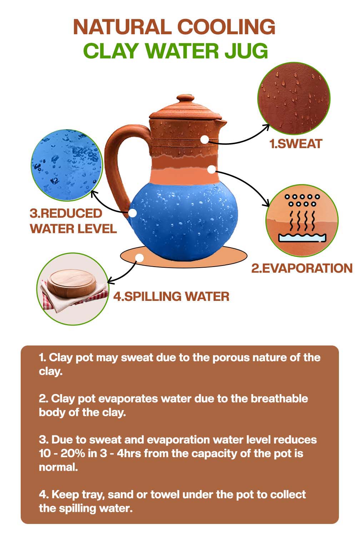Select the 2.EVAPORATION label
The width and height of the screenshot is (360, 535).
[x=302, y=268]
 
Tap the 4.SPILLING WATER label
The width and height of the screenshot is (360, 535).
[x=171, y=296]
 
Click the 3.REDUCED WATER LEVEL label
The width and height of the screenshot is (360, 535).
[x=73, y=221]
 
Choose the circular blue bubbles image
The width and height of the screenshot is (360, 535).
[x=66, y=165]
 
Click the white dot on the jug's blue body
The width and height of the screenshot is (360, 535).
[x=133, y=213]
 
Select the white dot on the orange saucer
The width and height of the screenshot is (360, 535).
[x=140, y=258]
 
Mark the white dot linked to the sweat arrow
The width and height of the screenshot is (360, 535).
[x=204, y=140]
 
